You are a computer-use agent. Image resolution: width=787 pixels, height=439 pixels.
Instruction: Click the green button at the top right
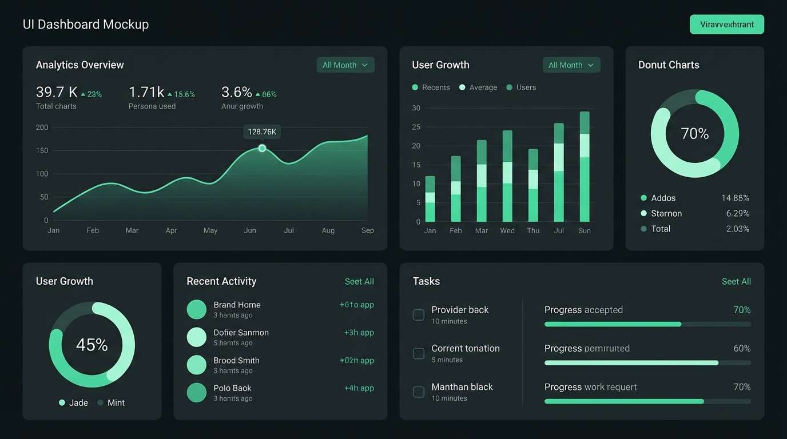point(726,25)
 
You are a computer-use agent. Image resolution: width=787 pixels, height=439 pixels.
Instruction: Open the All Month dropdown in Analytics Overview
point(345,65)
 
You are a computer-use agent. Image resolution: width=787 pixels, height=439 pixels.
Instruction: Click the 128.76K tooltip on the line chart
point(262,132)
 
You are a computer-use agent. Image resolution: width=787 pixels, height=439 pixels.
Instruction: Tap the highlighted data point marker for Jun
point(262,148)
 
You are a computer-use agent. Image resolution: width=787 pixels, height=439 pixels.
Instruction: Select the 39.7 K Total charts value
point(57,93)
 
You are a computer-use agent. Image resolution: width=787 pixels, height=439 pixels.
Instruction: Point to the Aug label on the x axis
point(328,230)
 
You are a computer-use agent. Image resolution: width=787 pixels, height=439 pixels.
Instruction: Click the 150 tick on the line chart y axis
point(42,150)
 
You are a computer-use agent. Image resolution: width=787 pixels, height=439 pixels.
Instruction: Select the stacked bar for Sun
point(585,167)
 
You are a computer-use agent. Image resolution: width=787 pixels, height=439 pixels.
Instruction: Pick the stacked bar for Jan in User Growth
point(430,199)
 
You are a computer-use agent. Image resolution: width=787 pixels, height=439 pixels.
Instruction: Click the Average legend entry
point(478,87)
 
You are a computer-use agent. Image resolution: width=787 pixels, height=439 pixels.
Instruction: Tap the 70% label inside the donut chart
point(694,134)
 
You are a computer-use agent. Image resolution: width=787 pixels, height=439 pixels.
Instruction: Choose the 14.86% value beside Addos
point(735,198)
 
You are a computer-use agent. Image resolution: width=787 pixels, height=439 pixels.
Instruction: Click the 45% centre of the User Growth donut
point(92,345)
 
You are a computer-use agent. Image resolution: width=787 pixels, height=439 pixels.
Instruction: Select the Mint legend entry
point(112,402)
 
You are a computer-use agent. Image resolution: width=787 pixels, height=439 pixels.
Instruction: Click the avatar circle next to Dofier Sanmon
point(196,337)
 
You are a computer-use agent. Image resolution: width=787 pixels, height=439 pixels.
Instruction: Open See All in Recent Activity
point(359,281)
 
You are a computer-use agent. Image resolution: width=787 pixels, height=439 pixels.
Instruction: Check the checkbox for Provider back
point(419,314)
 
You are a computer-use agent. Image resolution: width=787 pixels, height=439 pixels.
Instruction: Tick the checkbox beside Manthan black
point(419,392)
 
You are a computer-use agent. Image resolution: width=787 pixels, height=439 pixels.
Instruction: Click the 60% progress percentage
point(742,348)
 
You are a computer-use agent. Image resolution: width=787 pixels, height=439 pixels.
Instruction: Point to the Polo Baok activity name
point(232,388)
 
